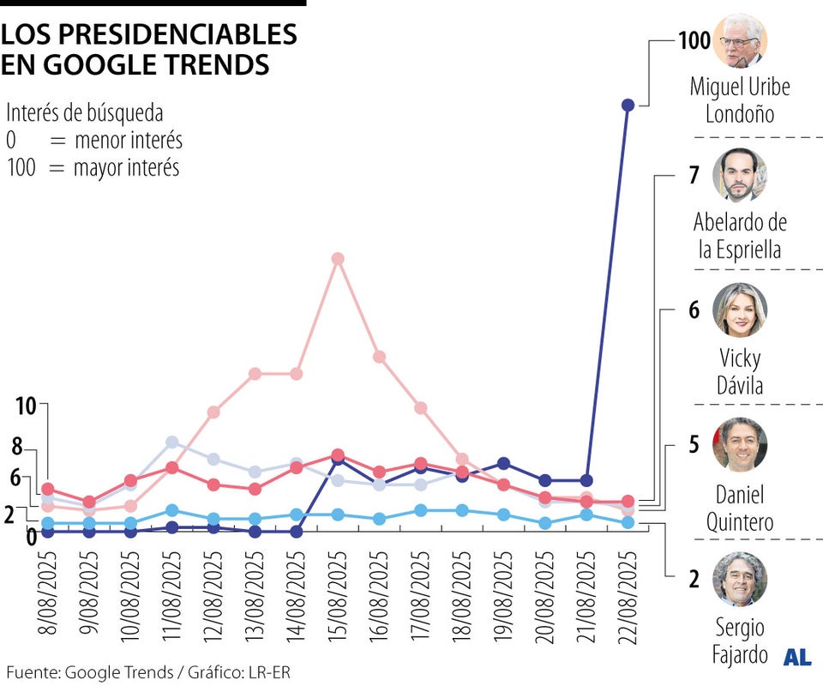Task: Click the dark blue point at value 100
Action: pyautogui.click(x=628, y=105)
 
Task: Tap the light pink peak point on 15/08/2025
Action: pyautogui.click(x=338, y=258)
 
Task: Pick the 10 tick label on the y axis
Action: pyautogui.click(x=26, y=406)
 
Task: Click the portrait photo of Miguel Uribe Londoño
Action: pyautogui.click(x=740, y=40)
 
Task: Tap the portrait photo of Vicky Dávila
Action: pyautogui.click(x=740, y=310)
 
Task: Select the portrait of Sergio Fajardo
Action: pyautogui.click(x=740, y=580)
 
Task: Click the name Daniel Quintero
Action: pyautogui.click(x=740, y=508)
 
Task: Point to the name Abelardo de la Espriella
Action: pyautogui.click(x=740, y=236)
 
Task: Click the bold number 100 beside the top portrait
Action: pyautogui.click(x=694, y=39)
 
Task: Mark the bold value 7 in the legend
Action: pyautogui.click(x=694, y=175)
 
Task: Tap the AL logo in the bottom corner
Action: pyautogui.click(x=797, y=657)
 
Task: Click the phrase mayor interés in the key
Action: pyautogui.click(x=126, y=167)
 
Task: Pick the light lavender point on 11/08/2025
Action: pyautogui.click(x=171, y=442)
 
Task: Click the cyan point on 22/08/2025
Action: pyautogui.click(x=628, y=522)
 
